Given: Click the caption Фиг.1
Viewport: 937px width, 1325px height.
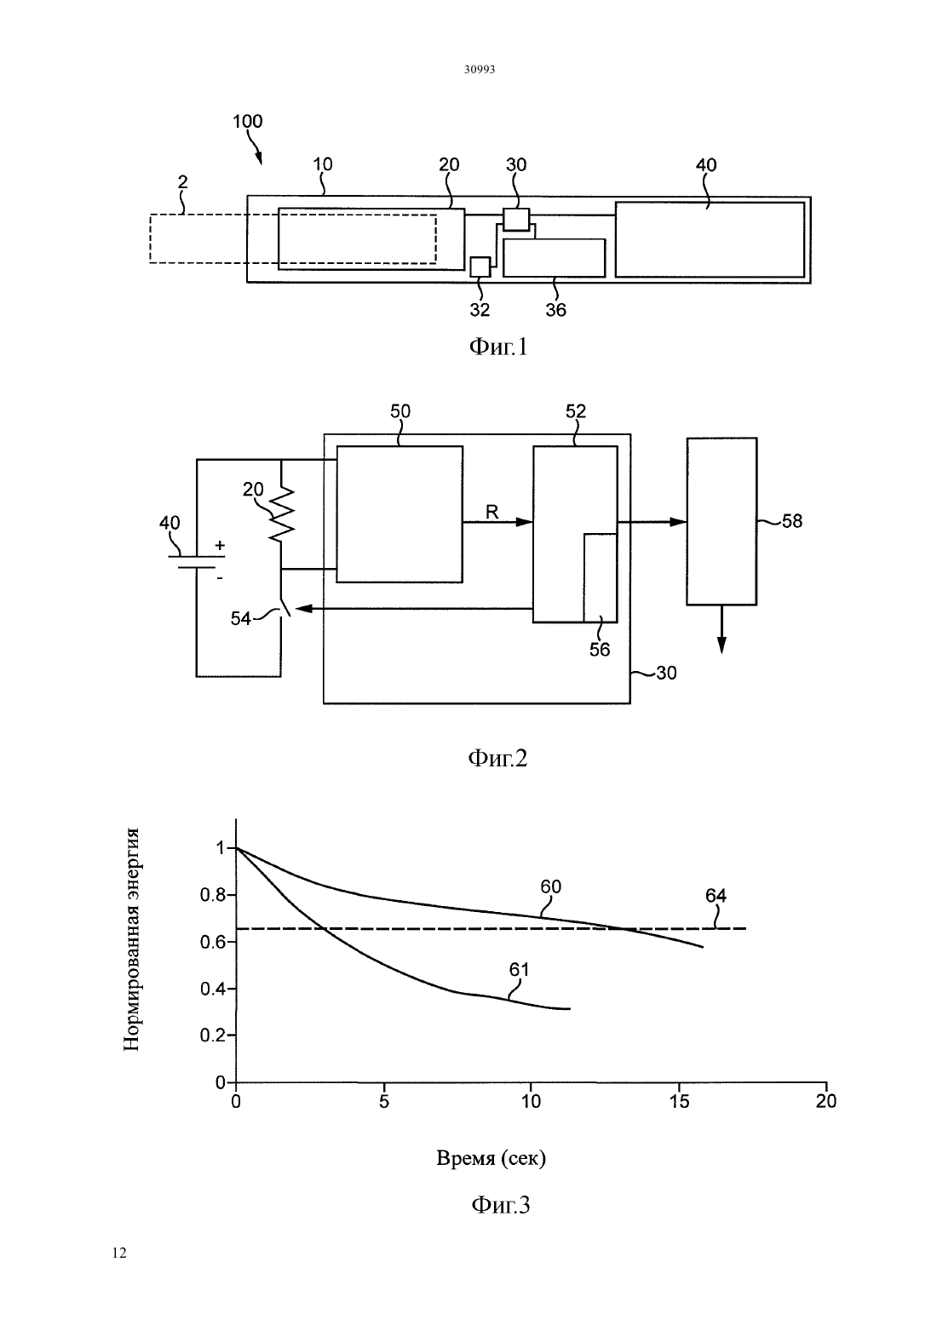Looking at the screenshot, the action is pos(497,347).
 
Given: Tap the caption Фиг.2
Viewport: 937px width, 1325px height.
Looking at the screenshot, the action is pos(497,758).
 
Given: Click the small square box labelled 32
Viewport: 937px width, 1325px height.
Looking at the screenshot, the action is pos(480,267).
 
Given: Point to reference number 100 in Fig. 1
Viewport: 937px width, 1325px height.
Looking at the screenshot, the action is pos(247,121).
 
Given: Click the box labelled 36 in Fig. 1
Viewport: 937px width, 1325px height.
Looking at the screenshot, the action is pos(555,258).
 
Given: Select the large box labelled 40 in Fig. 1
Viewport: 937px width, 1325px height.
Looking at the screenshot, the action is pos(710,239).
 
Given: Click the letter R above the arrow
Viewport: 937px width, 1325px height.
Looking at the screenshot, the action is pos(491,512).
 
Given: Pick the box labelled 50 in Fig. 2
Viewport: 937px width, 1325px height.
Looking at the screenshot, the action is pos(400,514).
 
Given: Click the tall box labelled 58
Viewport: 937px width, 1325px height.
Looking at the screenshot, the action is pos(721,521).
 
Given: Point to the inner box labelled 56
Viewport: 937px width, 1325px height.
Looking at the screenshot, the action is pos(601,578).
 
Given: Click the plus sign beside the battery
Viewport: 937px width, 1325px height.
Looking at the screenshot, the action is pos(220,545).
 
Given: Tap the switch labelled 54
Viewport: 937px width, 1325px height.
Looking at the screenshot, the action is pos(285,608).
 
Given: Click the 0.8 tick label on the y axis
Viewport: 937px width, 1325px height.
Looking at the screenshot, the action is pos(213,895).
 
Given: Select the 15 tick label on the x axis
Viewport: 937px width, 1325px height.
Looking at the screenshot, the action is pos(679,1101).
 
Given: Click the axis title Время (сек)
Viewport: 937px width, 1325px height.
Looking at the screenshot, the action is pos(491,1157).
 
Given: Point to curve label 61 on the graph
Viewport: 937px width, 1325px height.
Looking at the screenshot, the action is pos(519,969).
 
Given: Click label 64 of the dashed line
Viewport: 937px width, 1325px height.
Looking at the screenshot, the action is pos(716,896).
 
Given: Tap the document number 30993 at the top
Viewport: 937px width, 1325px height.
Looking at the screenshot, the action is pos(480,69).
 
